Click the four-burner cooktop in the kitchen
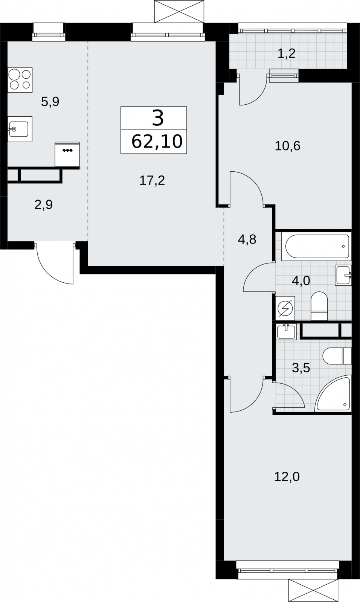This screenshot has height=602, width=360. coord(20,80)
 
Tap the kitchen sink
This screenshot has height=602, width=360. coord(20,129)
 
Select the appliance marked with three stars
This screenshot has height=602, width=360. coord(67,154)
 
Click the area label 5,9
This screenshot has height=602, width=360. coord(50,102)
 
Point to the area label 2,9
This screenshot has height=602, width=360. coord(44,205)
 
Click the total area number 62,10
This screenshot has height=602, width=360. coord(157,142)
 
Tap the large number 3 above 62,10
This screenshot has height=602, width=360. coord(158,119)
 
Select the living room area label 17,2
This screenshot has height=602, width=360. coord(152,180)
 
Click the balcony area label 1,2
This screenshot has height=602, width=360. coord(287,53)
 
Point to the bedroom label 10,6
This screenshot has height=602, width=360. coord(287,146)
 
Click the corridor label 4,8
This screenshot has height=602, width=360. coord(247,239)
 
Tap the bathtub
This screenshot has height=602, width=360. coord(316,247)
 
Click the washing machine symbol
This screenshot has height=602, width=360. coord(285,308)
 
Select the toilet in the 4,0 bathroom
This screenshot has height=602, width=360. coord(319,306)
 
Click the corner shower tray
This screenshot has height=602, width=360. coord(333,394)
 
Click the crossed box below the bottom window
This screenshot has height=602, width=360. coord(313,590)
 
